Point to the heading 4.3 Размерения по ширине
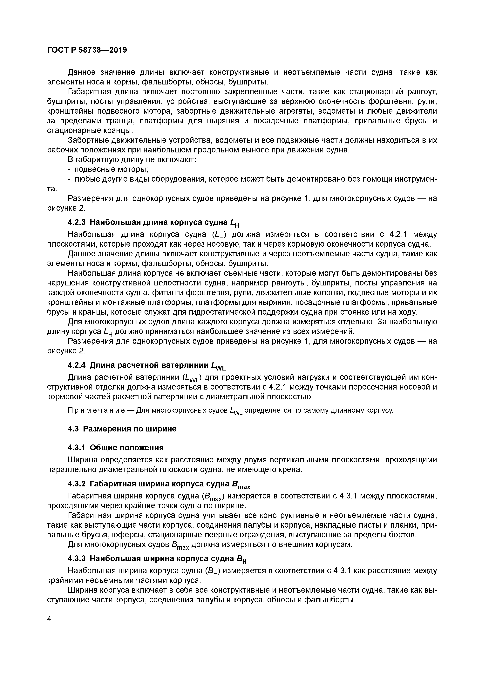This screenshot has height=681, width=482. click(x=122, y=429)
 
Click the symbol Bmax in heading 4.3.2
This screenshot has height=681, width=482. click(x=241, y=485)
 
